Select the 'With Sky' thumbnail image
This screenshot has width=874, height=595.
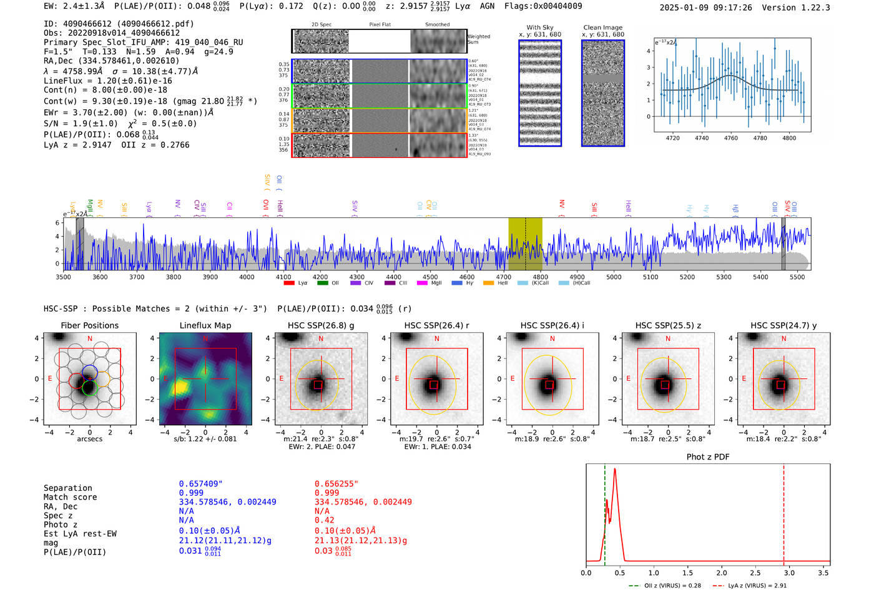(540, 93)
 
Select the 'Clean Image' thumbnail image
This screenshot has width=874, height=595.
(603, 93)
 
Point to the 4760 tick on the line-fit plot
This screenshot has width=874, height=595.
(730, 138)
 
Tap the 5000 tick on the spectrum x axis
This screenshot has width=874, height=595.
(614, 277)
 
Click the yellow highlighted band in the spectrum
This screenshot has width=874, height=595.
(525, 243)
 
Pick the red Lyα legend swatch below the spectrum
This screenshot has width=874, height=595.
(289, 283)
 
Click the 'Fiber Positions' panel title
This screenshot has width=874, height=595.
(89, 325)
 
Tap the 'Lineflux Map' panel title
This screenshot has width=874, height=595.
(205, 325)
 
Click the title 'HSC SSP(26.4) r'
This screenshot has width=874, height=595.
(436, 325)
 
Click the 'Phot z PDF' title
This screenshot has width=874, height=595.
(708, 457)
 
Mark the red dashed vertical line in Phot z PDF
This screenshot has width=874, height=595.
(784, 512)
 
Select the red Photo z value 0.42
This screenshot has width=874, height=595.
(325, 520)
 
